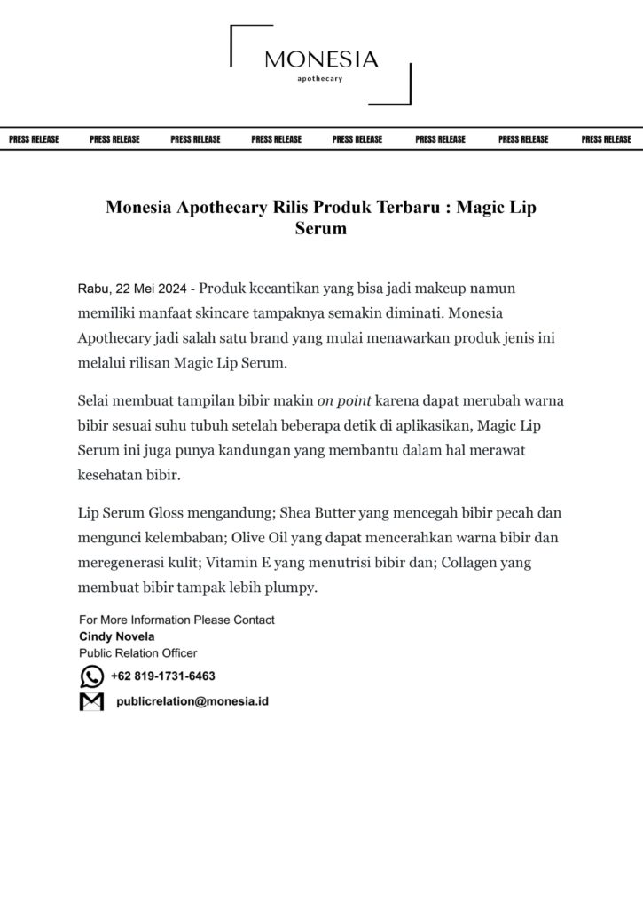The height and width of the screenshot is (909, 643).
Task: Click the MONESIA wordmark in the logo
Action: (x=321, y=60)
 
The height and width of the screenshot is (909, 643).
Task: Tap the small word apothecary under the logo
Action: (x=320, y=79)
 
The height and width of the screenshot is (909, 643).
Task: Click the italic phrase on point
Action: (x=344, y=400)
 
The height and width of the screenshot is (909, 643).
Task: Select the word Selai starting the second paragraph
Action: (x=94, y=400)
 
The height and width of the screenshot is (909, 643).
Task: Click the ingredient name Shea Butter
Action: (x=325, y=513)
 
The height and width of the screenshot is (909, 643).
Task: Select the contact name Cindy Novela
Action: (x=117, y=636)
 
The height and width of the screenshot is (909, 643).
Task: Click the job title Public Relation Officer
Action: (x=138, y=652)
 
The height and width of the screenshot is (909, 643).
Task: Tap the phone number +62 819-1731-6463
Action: (x=163, y=676)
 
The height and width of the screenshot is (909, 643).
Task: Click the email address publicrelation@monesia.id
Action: (x=192, y=701)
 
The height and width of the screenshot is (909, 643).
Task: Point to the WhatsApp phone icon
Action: (x=91, y=676)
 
